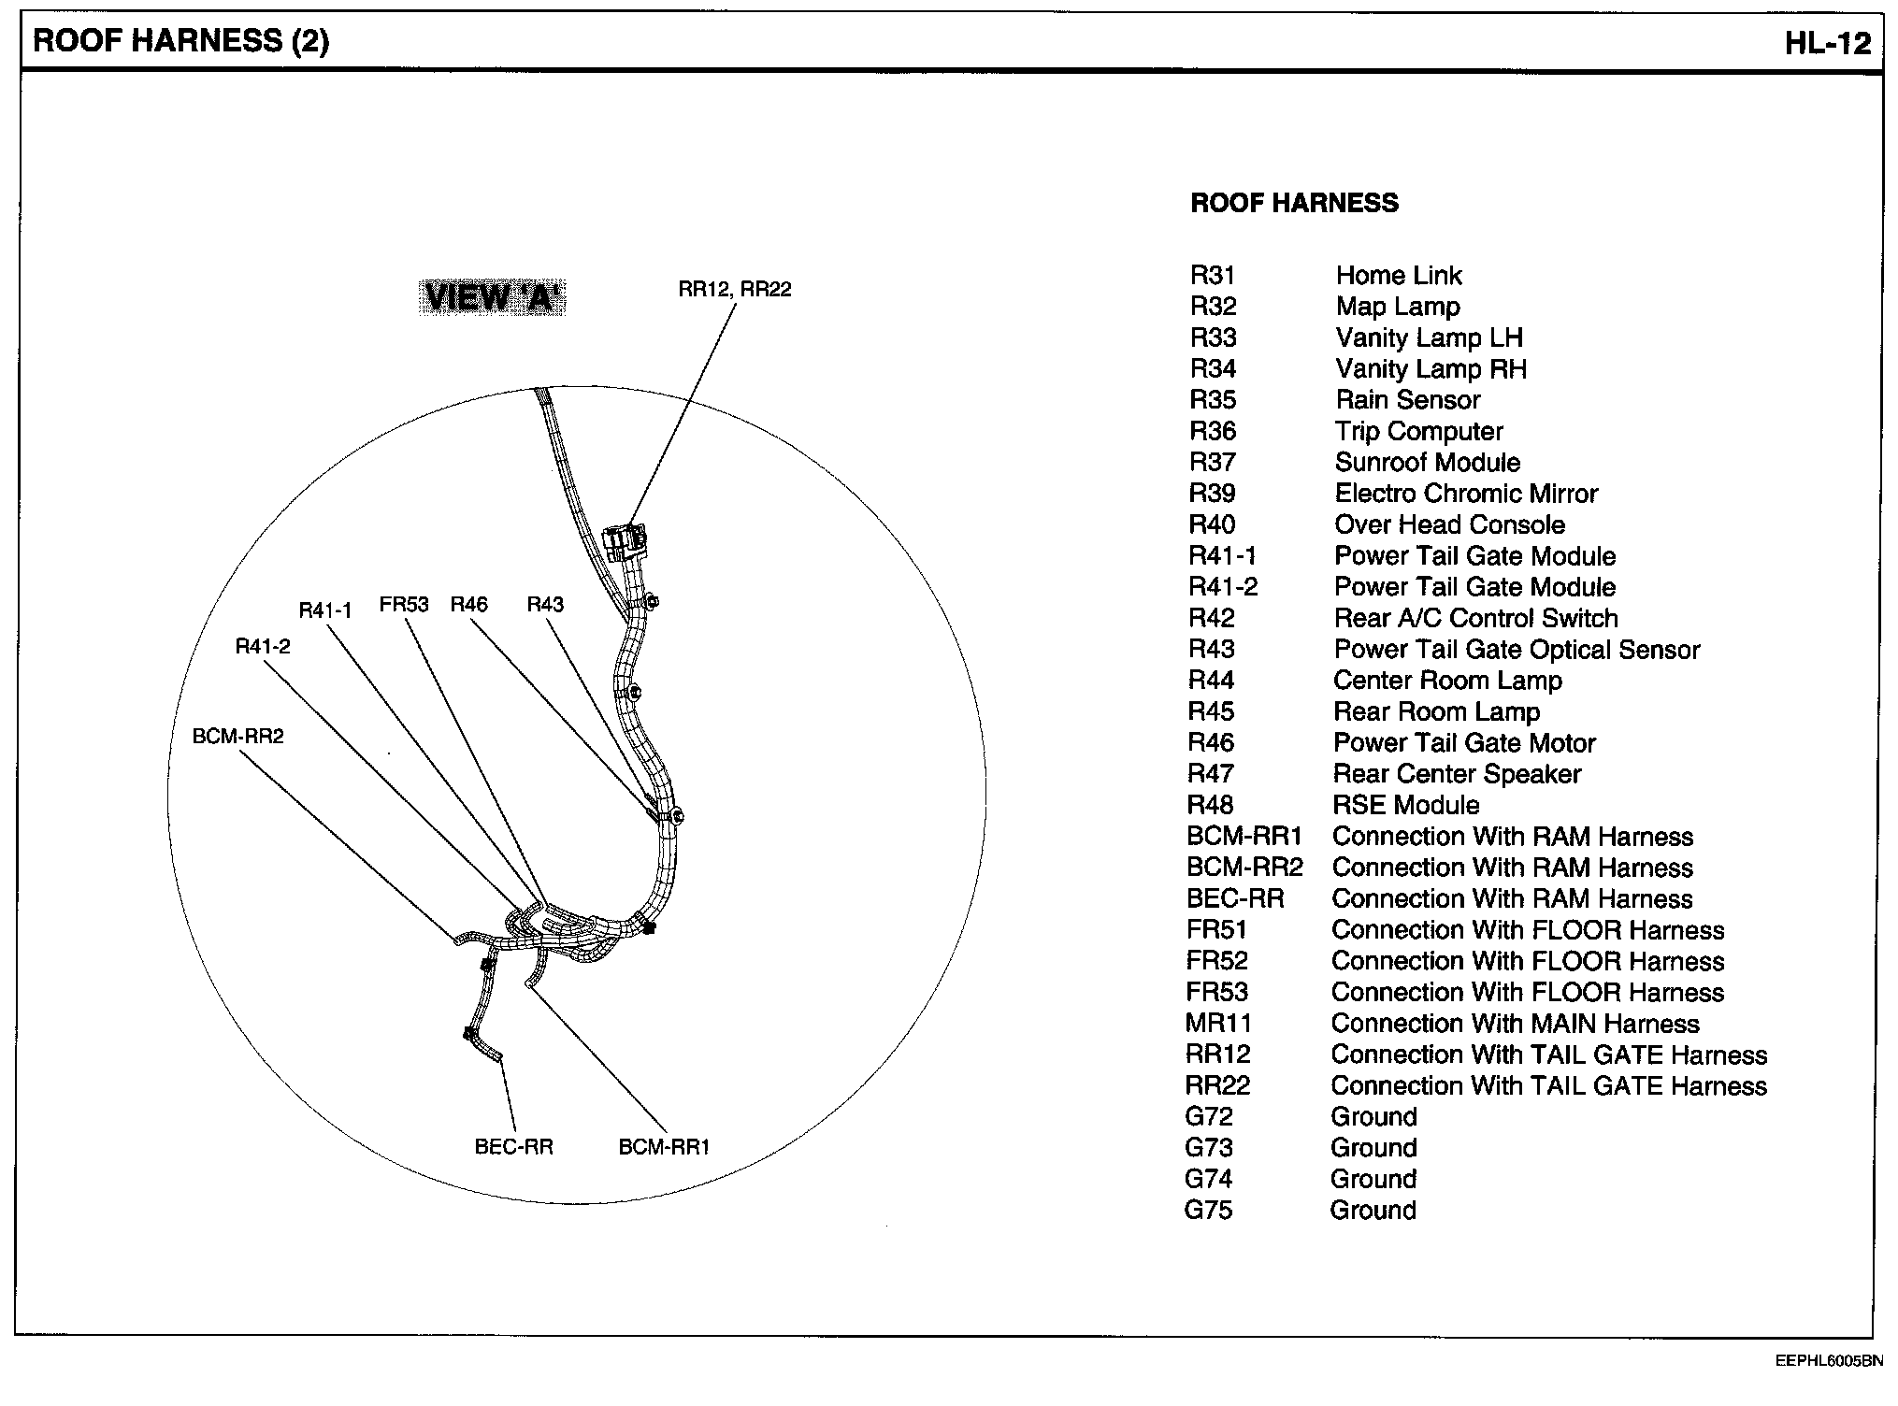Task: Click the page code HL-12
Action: (1827, 43)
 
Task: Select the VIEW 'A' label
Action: (492, 297)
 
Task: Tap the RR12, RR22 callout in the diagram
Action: (734, 290)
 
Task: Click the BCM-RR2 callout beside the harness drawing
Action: (237, 737)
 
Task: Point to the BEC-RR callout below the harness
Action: (513, 1147)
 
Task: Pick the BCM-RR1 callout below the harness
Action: (664, 1147)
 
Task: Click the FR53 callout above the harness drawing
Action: (404, 605)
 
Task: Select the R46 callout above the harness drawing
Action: (468, 605)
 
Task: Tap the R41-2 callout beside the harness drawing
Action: (262, 647)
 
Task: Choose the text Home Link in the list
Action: (1398, 276)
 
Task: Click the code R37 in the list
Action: (1212, 463)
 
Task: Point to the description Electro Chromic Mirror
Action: (1465, 494)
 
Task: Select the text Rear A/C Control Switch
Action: (1475, 619)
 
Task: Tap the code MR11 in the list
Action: (1217, 1024)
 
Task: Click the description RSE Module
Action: (1406, 806)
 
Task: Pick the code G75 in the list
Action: (1208, 1211)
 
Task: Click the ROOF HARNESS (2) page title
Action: (181, 42)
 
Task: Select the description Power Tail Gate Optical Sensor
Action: (1516, 650)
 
